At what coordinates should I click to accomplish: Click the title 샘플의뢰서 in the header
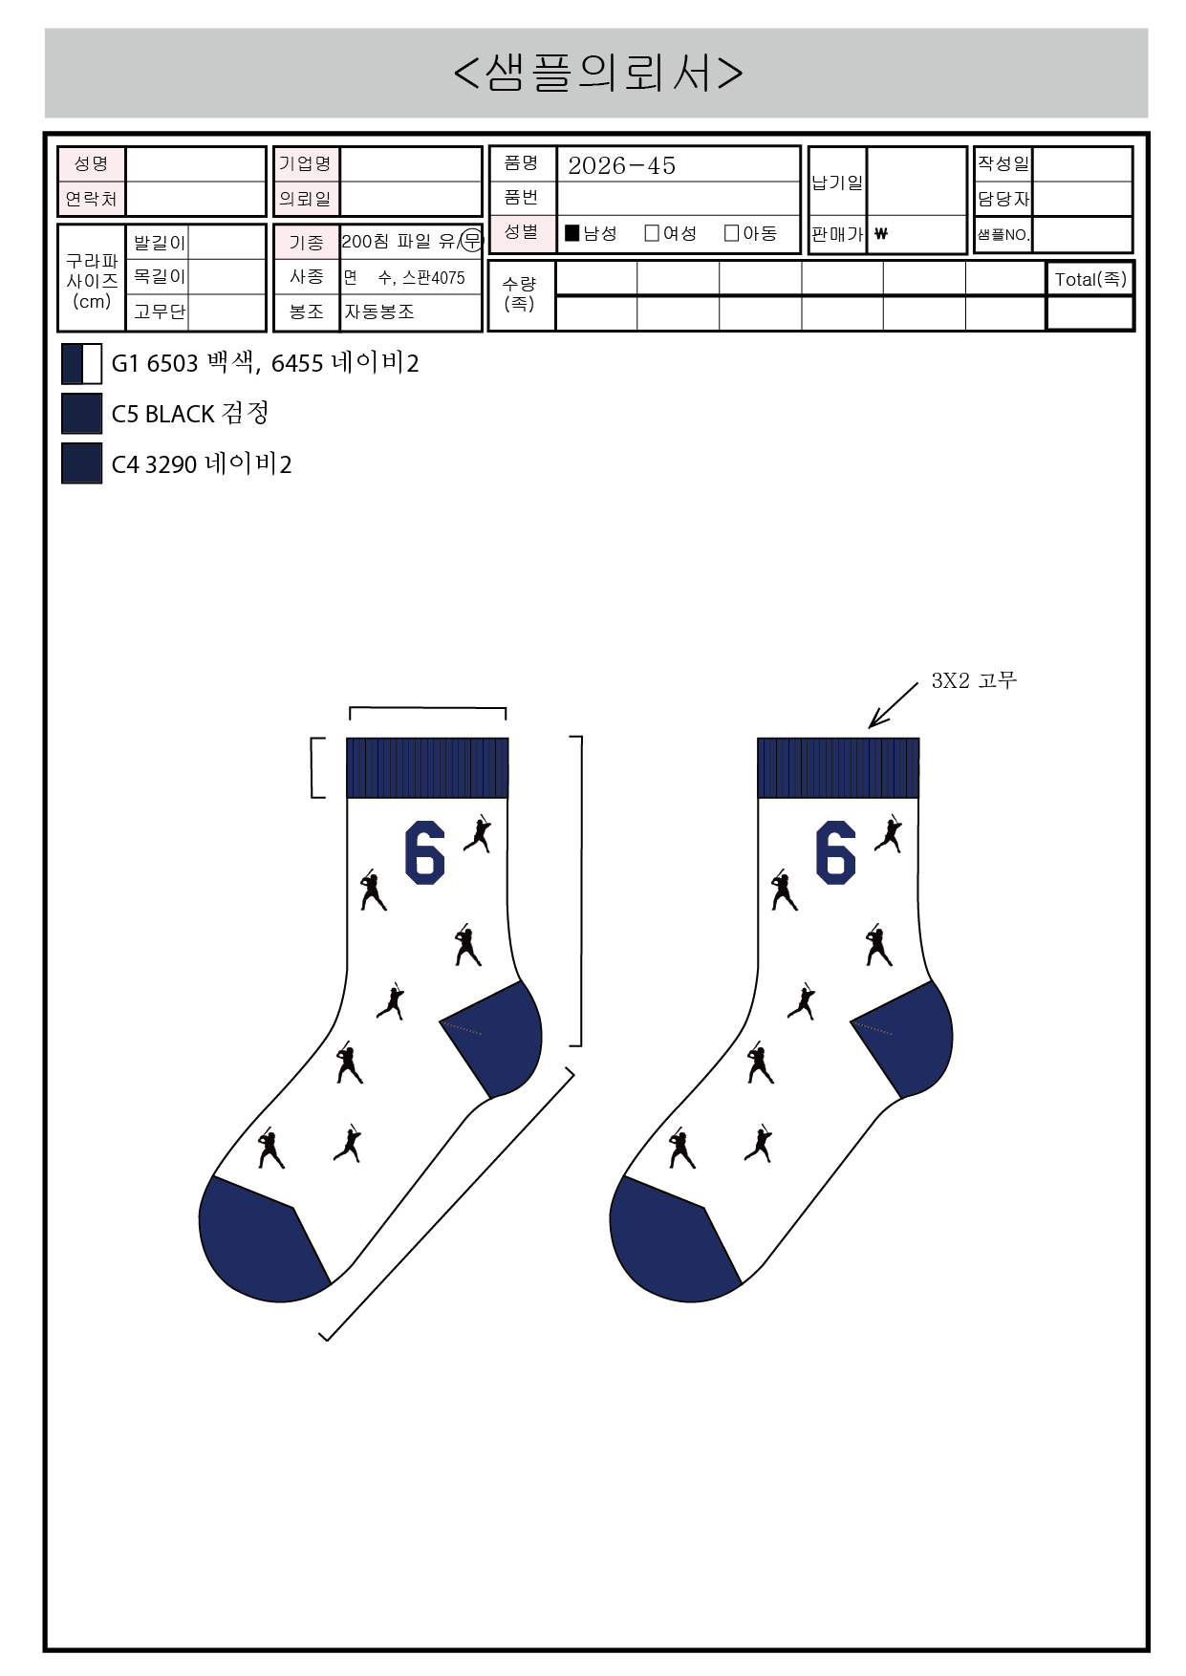[598, 73]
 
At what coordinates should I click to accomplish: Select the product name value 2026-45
[621, 165]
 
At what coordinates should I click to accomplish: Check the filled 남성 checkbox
[572, 232]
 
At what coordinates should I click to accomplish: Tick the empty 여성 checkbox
[652, 232]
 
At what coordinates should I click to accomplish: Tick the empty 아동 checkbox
[732, 232]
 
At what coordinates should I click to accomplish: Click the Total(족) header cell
[1090, 279]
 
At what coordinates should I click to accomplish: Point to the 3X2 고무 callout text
[974, 680]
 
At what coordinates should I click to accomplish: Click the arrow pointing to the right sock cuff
[893, 705]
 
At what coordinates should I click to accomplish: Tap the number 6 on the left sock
[424, 852]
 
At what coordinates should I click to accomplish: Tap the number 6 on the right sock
[835, 852]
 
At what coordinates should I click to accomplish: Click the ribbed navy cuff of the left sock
[427, 767]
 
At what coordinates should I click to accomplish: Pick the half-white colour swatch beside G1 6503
[81, 363]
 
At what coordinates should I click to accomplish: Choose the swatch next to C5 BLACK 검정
[81, 413]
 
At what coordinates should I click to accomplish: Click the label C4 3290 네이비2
[202, 464]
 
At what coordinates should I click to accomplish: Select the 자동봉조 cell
[379, 312]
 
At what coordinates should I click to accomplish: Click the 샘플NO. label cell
[1003, 234]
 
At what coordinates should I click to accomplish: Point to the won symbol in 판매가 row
[881, 233]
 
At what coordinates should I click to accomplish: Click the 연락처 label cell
[91, 199]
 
